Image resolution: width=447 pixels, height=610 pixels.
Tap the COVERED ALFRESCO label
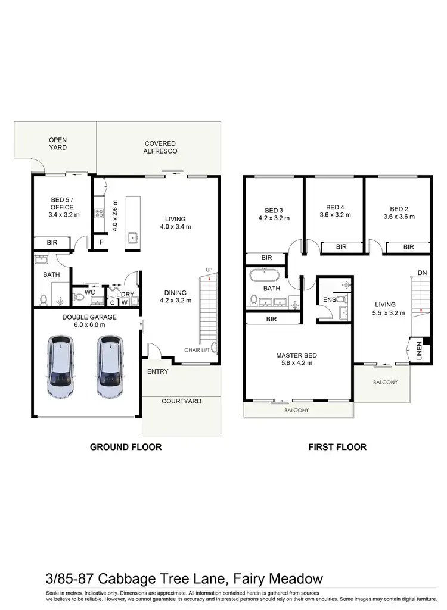pyautogui.click(x=160, y=147)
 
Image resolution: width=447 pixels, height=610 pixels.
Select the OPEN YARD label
pyautogui.click(x=58, y=143)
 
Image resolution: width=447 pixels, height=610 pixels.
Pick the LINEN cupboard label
pyautogui.click(x=419, y=350)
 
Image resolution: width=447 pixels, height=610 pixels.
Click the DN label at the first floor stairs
pyautogui.click(x=422, y=273)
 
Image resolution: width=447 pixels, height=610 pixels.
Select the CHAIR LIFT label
pyautogui.click(x=196, y=350)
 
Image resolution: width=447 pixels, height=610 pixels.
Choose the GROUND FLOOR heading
pyautogui.click(x=125, y=446)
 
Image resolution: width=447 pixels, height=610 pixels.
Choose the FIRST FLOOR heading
pyautogui.click(x=337, y=446)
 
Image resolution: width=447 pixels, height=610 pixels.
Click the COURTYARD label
pyautogui.click(x=181, y=401)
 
